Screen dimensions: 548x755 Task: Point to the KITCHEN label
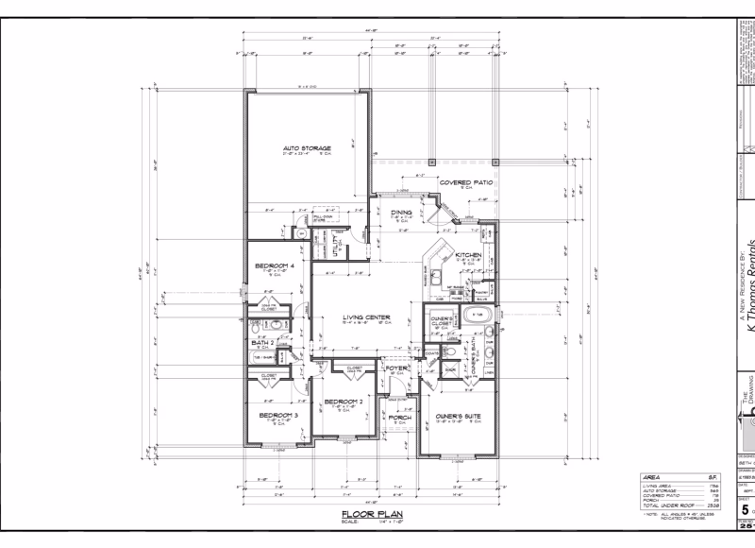(x=468, y=255)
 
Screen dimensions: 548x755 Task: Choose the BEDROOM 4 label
(x=275, y=265)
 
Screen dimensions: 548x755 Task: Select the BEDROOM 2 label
(x=344, y=402)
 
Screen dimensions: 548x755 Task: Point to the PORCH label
(x=400, y=416)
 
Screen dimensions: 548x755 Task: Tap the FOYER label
(x=396, y=368)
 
